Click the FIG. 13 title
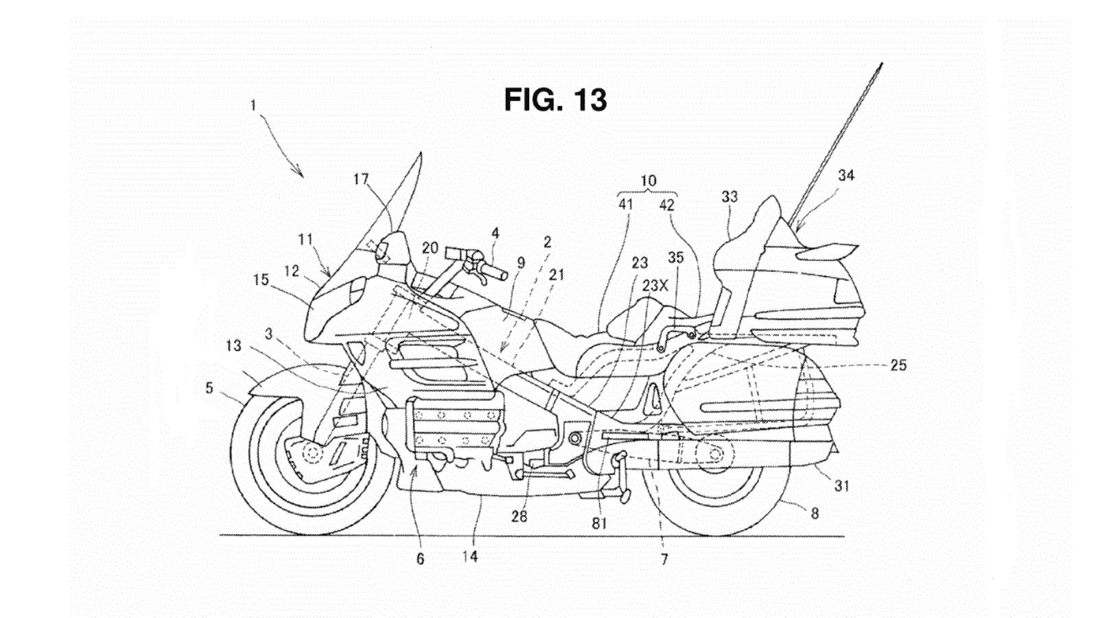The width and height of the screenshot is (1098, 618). (x=555, y=100)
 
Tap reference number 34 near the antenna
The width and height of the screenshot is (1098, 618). (x=846, y=176)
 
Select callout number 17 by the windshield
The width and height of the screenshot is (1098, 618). (x=361, y=180)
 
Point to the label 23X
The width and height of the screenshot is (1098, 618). (x=655, y=286)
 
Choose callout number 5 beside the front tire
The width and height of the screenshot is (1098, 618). (x=209, y=389)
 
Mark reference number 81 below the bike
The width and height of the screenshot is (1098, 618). (x=600, y=524)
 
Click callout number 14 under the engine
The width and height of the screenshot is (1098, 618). (x=469, y=556)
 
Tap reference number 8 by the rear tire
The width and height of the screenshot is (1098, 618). (x=815, y=513)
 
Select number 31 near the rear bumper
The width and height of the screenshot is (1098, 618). (x=841, y=485)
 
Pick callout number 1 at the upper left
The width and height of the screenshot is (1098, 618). (x=253, y=106)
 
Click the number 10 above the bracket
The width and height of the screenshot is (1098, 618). (x=648, y=181)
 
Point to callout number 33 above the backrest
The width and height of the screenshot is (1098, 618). (x=729, y=197)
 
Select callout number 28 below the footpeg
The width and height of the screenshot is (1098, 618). (x=519, y=516)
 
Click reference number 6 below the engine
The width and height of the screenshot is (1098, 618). (x=420, y=559)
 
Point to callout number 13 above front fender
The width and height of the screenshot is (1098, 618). (x=233, y=346)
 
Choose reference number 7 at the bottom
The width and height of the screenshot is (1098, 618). (x=664, y=560)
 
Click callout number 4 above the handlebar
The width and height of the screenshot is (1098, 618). (x=495, y=233)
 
